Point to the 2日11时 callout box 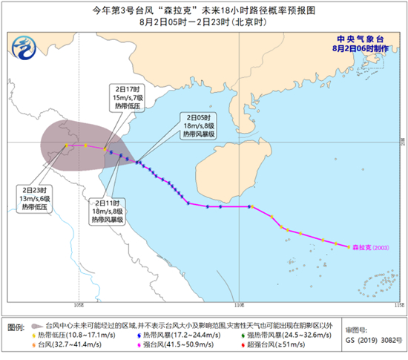(107, 212)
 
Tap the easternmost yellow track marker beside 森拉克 (349, 247)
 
